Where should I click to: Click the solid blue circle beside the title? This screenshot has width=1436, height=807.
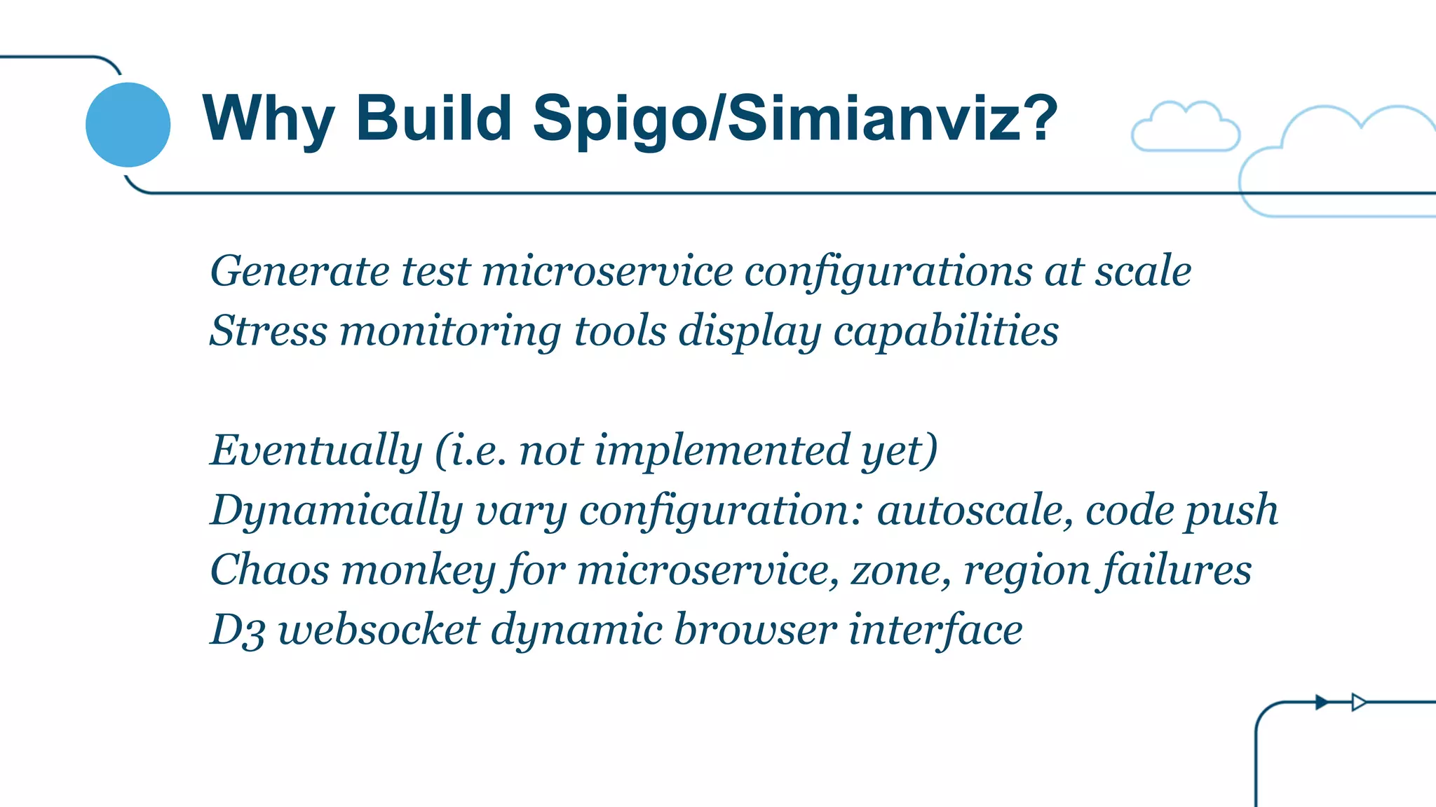click(x=128, y=125)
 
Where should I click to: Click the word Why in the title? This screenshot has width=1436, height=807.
click(x=267, y=119)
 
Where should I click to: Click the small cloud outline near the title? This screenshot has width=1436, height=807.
click(x=1185, y=127)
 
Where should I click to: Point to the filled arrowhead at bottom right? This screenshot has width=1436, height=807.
click(x=1322, y=702)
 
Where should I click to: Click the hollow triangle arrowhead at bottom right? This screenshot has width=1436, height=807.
click(x=1358, y=702)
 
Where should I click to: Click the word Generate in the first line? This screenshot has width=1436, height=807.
click(x=299, y=272)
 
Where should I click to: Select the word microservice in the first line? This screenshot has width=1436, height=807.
click(x=607, y=272)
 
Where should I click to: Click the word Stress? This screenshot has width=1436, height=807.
click(x=269, y=331)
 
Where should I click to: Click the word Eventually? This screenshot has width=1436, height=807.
click(x=316, y=451)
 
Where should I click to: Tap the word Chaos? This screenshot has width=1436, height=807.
click(x=269, y=570)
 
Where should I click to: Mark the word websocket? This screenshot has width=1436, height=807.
click(x=379, y=629)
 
